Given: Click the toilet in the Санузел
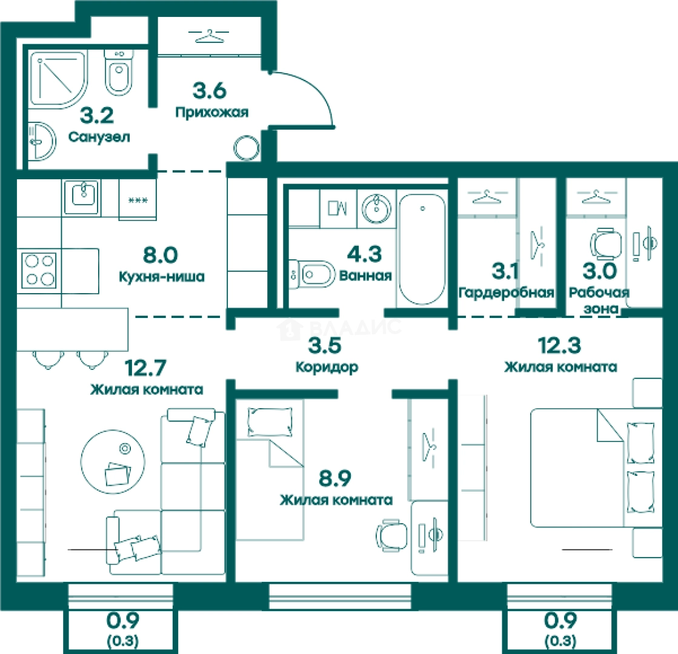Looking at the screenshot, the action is [x=119, y=72].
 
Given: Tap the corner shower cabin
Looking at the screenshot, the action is [x=58, y=79].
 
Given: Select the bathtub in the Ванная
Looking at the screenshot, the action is [x=422, y=249].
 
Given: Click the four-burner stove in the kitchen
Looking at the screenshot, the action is [x=39, y=270].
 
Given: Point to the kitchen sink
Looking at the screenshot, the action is [x=82, y=197].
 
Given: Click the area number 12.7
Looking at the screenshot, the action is [x=145, y=368].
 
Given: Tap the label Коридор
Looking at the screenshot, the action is [x=327, y=368].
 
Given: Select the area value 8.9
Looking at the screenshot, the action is [x=335, y=478].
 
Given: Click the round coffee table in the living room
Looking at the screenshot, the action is [x=113, y=461].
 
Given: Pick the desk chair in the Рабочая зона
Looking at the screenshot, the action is [x=605, y=243].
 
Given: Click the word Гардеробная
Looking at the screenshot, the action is [x=507, y=293].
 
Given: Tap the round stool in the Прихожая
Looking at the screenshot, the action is [x=247, y=148].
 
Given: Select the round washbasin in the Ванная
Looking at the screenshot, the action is [x=376, y=209].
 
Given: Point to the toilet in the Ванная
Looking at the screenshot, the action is [x=312, y=274].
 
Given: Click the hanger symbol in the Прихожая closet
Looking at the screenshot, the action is [x=209, y=36].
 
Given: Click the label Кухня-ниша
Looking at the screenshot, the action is [x=162, y=277].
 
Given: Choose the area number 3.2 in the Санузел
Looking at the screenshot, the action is [x=97, y=116].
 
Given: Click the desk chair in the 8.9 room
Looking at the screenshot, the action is [x=392, y=535].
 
